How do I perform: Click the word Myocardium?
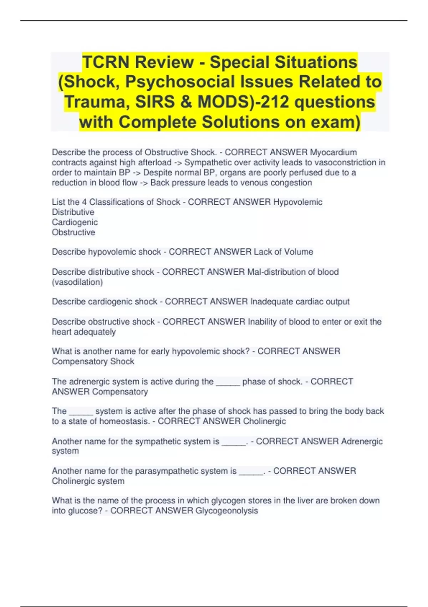333,152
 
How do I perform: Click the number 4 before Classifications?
84,202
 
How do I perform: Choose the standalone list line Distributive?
73,212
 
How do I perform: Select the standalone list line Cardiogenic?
75,222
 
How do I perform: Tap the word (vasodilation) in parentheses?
77,282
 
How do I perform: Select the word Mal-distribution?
276,272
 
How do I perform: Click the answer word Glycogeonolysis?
226,511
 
